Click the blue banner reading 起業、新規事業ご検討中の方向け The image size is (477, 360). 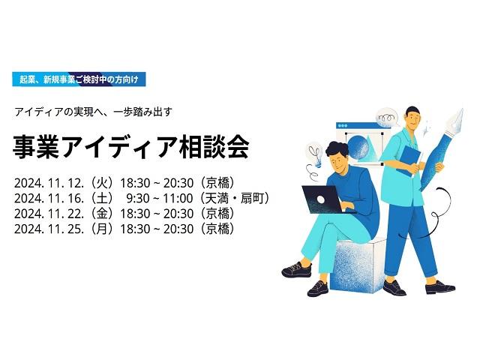click(79, 79)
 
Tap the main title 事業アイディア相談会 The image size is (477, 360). click(131, 147)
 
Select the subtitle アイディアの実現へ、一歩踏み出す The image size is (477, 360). click(93, 112)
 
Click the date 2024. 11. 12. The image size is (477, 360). click(49, 183)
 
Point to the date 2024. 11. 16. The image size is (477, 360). click(49, 199)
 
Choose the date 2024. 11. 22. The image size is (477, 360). click(49, 214)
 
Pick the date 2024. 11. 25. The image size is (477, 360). click(49, 229)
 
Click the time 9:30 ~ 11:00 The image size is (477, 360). click(160, 199)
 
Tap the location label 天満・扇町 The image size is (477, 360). click(234, 199)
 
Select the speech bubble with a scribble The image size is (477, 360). click(388, 117)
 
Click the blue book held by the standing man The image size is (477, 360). click(409, 160)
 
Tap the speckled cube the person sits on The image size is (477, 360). click(358, 265)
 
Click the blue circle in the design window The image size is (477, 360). click(358, 147)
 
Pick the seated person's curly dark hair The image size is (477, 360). click(337, 150)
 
